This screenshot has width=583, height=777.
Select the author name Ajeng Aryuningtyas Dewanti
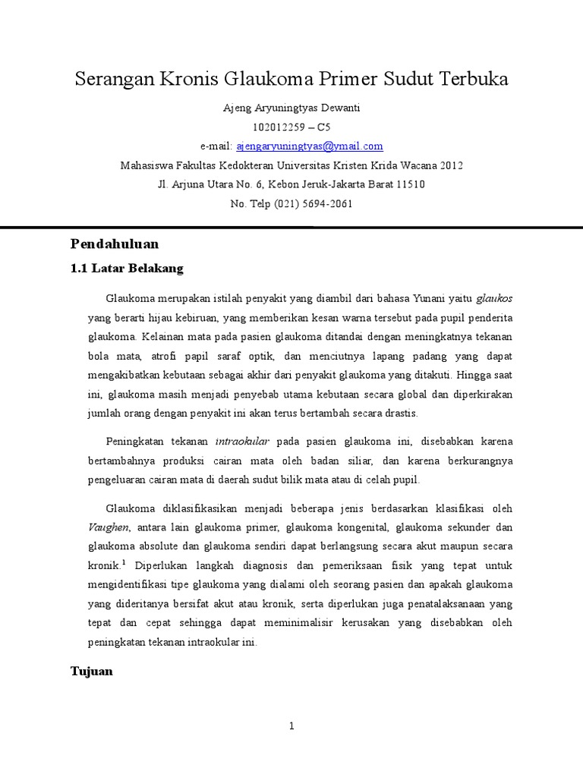(291, 109)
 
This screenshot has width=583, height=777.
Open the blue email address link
(310, 146)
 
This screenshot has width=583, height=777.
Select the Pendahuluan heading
(115, 244)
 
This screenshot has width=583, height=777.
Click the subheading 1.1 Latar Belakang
(127, 269)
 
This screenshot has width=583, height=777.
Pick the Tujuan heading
(92, 672)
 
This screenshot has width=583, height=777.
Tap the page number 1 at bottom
(291, 726)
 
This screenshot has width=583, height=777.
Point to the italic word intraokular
(238, 440)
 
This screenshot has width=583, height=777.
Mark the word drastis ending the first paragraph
(401, 414)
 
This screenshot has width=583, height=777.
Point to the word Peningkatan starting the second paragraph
(136, 440)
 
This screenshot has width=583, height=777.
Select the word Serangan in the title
(111, 80)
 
